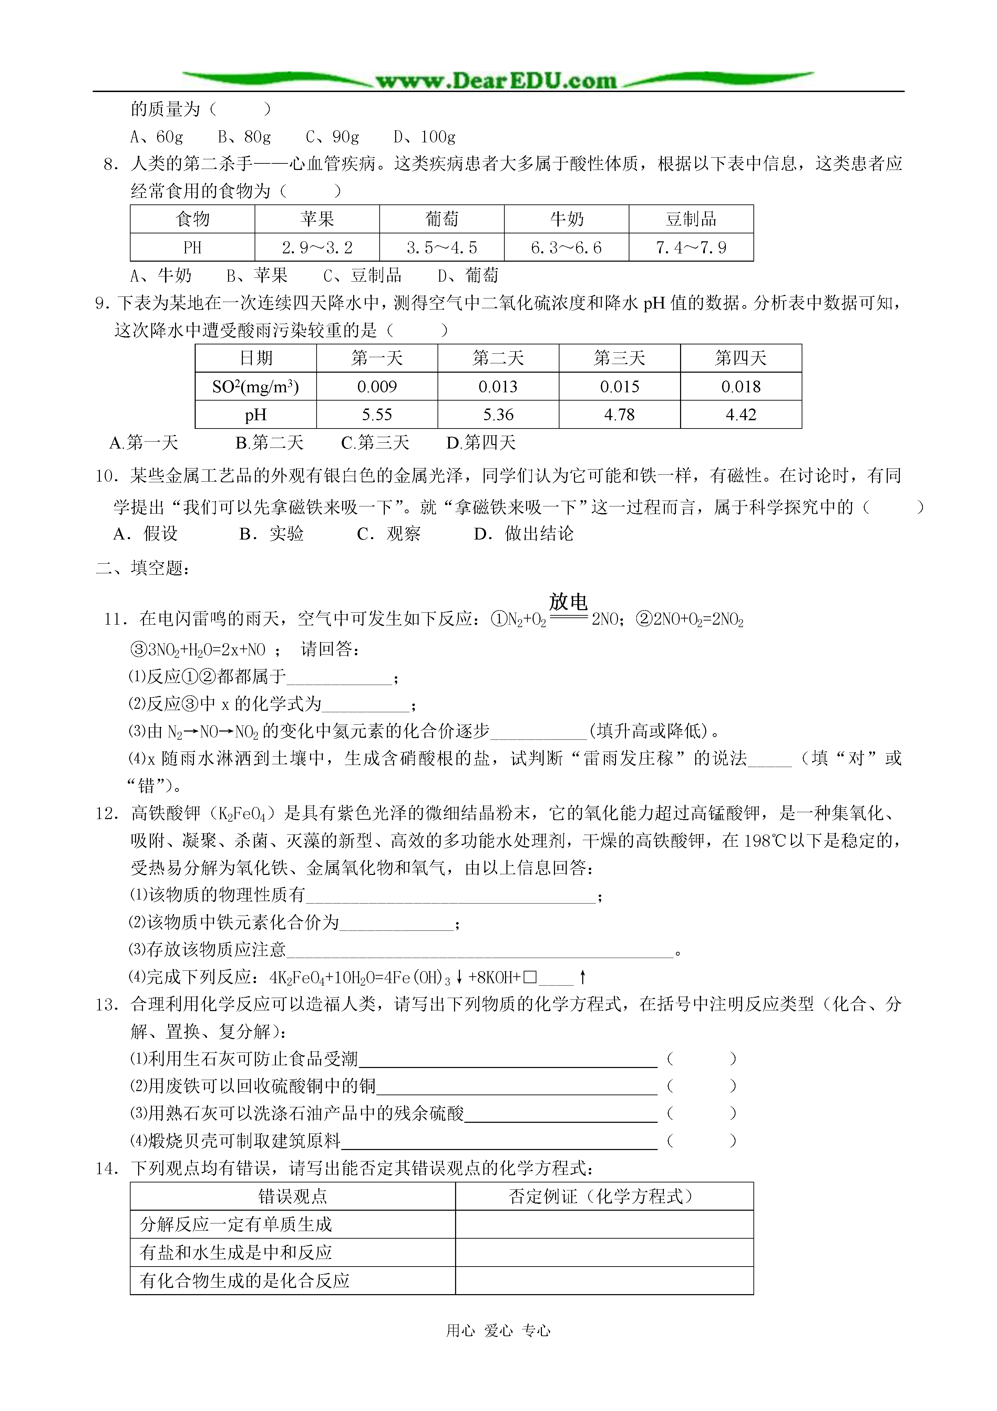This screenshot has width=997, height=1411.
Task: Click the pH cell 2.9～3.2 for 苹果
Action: click(317, 248)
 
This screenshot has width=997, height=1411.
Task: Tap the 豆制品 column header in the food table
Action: click(691, 219)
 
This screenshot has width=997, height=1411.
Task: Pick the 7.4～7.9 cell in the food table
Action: click(691, 248)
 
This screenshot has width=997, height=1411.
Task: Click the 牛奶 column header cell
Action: click(566, 219)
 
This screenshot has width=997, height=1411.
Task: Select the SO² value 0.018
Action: click(741, 386)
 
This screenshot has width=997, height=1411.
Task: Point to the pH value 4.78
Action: click(619, 415)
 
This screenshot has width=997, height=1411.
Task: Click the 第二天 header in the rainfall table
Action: click(498, 358)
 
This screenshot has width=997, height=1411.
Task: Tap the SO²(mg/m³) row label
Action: click(256, 386)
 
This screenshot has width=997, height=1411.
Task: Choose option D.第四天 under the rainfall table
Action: click(481, 443)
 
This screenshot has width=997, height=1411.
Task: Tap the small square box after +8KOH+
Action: click(531, 977)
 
